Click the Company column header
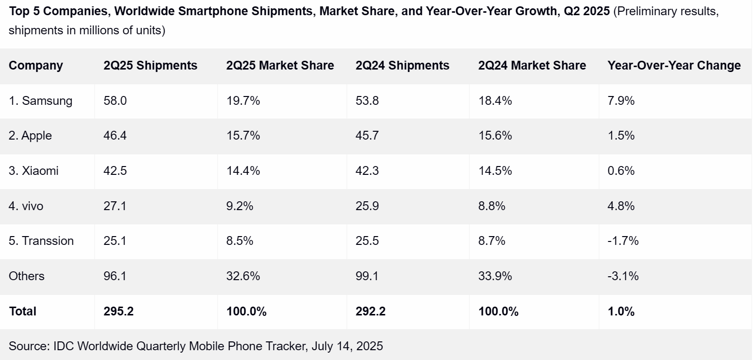point(36,66)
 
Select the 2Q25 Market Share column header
point(280,66)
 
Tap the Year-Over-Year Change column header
point(674,66)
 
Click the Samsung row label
point(41,101)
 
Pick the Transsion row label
point(41,241)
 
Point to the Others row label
point(26,276)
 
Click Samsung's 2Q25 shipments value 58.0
point(115,101)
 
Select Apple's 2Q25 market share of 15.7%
point(243,136)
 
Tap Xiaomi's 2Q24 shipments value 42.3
point(367,171)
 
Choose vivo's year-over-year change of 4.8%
point(621,206)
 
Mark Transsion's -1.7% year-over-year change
point(623,241)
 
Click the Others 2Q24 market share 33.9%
point(495,276)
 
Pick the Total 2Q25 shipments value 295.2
point(118,312)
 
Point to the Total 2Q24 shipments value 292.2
point(371,312)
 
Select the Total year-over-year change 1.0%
point(621,312)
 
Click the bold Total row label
point(23,312)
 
